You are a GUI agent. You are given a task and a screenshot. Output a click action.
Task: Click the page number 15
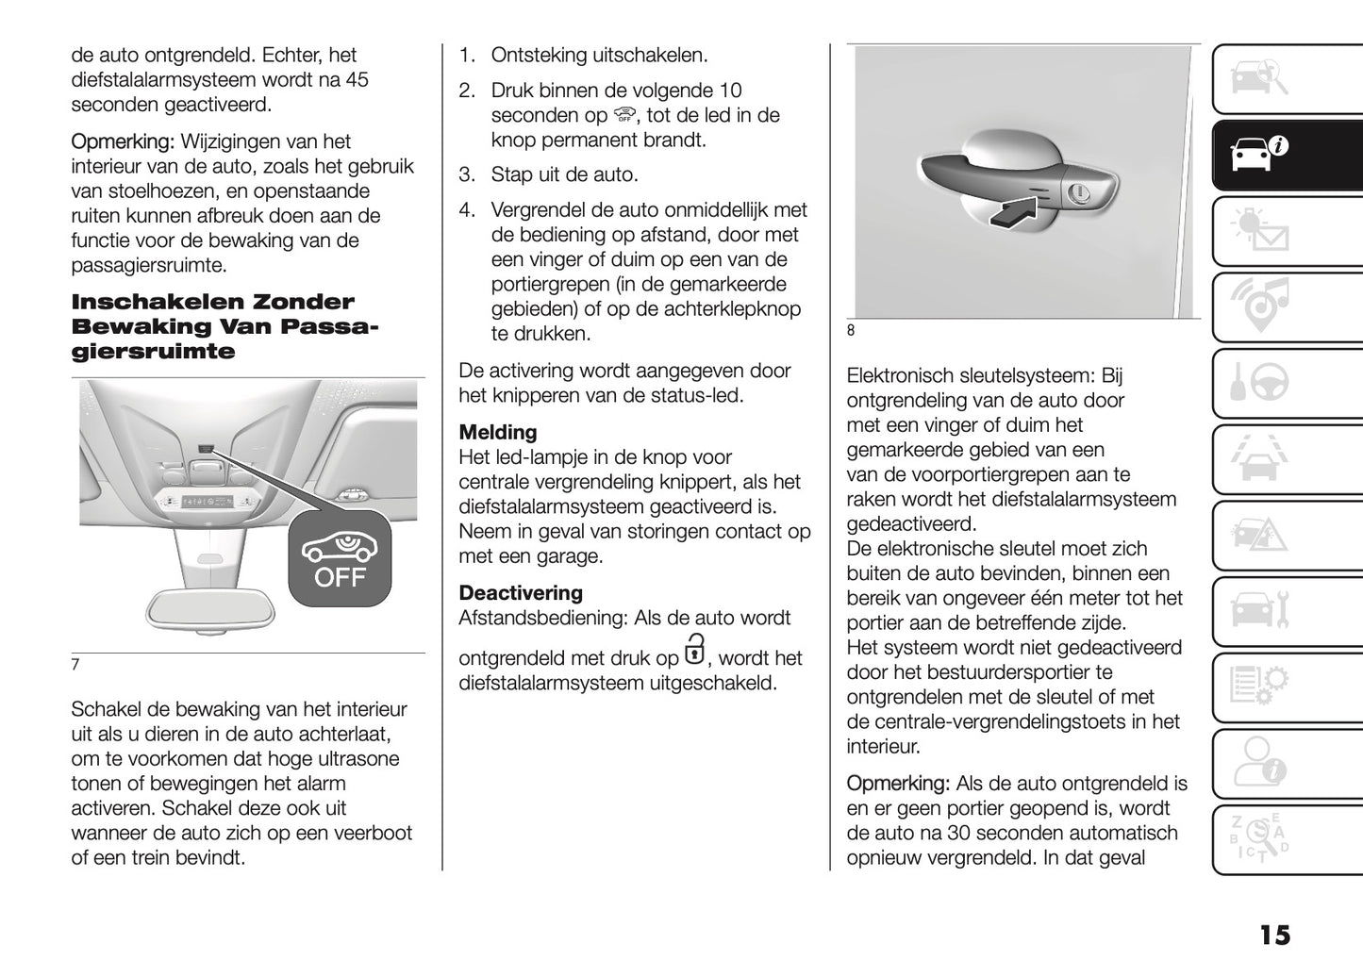click(x=1273, y=935)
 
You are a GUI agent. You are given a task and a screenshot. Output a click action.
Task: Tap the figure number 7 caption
click(x=75, y=664)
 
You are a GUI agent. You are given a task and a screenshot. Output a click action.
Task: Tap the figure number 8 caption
click(x=851, y=330)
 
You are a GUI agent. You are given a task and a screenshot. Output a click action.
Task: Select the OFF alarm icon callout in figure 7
click(x=340, y=558)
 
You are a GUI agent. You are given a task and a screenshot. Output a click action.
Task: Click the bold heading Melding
click(x=497, y=433)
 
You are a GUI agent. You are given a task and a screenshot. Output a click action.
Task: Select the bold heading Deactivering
click(x=521, y=593)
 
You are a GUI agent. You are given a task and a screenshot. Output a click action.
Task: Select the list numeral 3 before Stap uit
click(x=466, y=175)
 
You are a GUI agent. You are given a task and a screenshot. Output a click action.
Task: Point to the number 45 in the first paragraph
click(x=357, y=80)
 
